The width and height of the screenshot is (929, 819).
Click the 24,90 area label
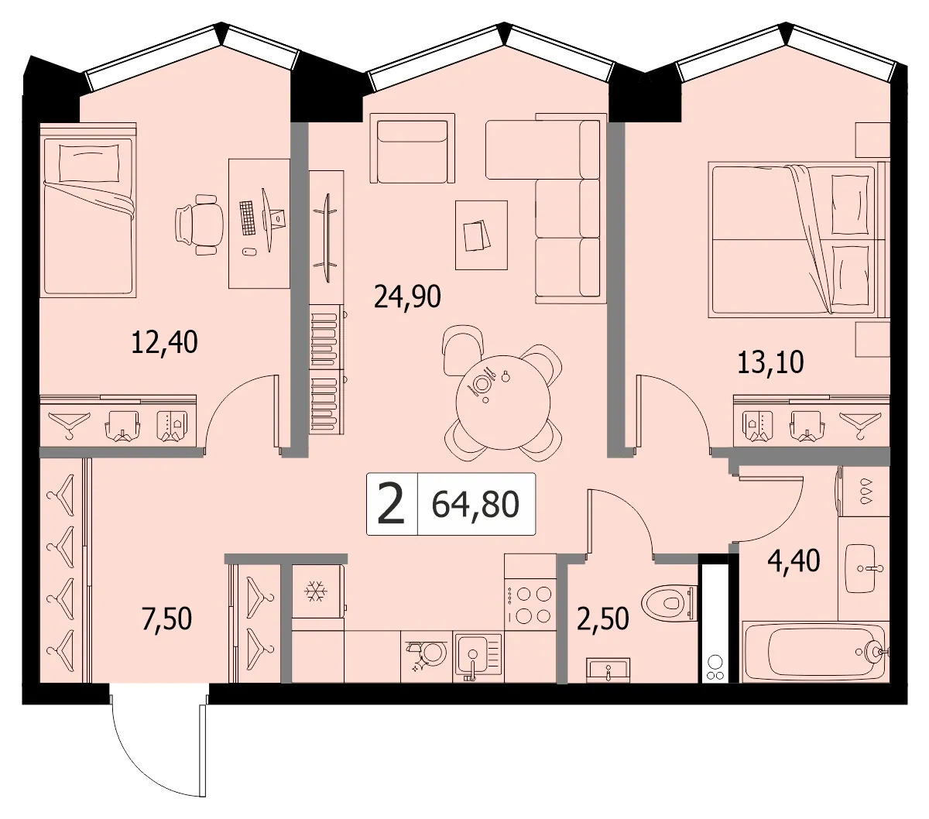tap(407, 296)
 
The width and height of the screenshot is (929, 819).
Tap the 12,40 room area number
tap(164, 342)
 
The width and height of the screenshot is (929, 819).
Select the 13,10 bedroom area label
tap(770, 362)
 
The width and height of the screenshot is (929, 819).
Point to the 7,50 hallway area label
tap(166, 619)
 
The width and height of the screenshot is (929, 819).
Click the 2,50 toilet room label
tap(603, 619)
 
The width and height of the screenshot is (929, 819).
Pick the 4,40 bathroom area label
tap(794, 560)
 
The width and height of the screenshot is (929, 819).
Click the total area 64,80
tap(475, 504)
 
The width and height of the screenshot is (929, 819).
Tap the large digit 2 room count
tap(391, 504)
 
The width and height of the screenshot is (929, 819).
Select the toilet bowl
tap(669, 602)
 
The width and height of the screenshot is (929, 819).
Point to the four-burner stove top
tap(530, 603)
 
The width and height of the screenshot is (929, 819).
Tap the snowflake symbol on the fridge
tap(316, 591)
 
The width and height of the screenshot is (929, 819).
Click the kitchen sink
tap(478, 656)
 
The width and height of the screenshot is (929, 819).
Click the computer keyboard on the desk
tap(248, 218)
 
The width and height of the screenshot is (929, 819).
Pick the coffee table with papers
tap(481, 235)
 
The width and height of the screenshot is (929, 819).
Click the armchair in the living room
tap(412, 148)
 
